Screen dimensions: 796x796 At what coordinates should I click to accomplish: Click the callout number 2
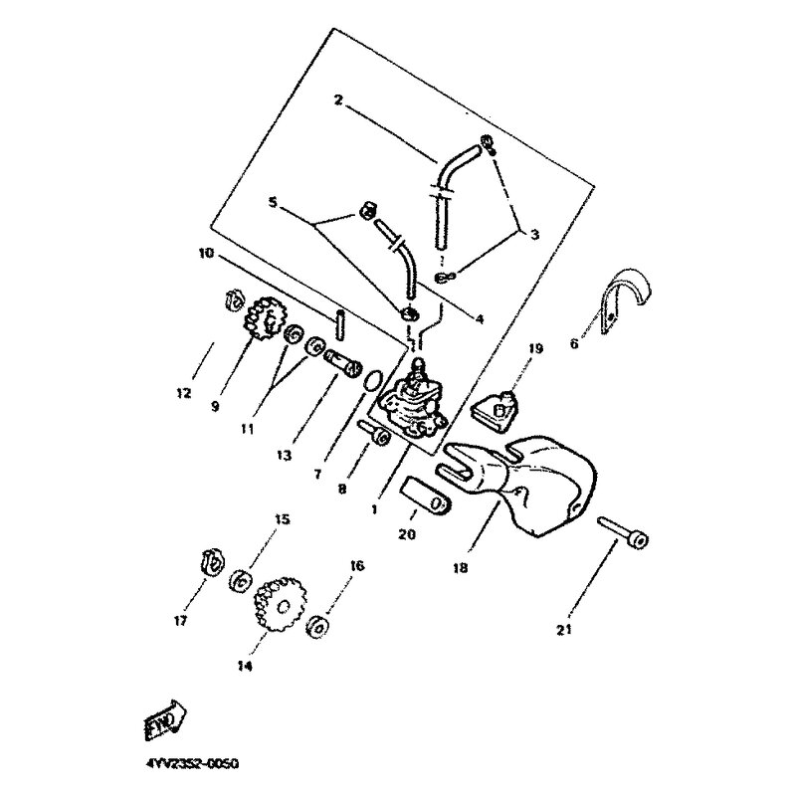(338, 100)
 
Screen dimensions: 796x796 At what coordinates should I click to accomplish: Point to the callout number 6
(573, 344)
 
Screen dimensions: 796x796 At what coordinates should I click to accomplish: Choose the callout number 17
(180, 622)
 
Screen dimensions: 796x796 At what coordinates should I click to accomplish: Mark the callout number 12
(183, 393)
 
